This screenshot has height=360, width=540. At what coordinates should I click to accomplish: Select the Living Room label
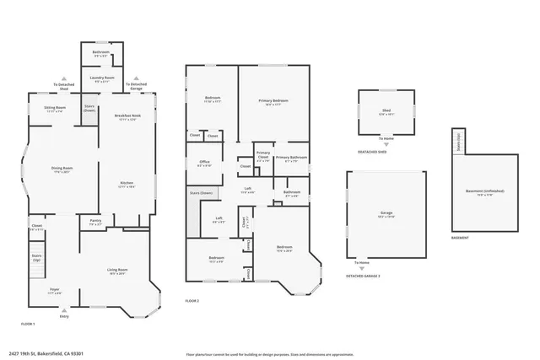116,271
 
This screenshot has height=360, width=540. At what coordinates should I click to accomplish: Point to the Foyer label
55,291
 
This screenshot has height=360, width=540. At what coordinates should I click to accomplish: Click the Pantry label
95,222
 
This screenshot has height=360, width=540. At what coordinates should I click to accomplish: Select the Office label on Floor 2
203,164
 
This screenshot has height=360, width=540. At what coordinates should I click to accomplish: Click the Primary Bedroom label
273,102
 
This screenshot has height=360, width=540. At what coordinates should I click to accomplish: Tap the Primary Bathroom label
290,158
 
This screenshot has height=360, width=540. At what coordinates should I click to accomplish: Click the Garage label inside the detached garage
386,214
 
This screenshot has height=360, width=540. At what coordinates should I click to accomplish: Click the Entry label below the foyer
64,316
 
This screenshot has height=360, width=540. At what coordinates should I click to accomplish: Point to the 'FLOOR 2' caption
193,301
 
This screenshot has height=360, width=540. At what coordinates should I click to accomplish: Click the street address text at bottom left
51,353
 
